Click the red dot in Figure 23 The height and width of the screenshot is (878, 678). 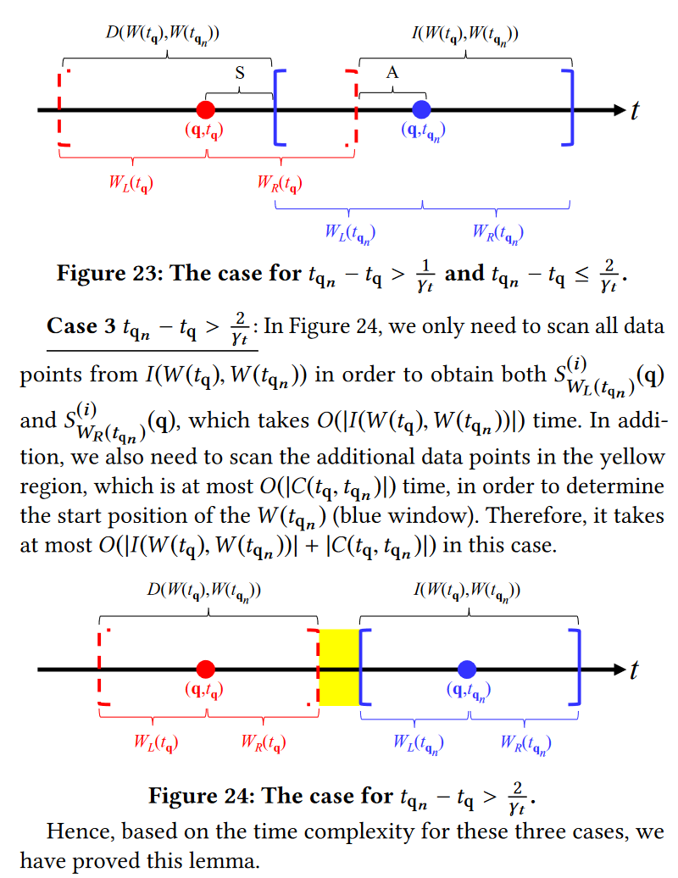[x=204, y=109]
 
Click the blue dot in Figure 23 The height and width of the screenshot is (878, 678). [x=421, y=109]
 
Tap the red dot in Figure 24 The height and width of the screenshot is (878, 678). [x=205, y=669]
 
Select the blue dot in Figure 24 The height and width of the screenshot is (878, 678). [x=465, y=669]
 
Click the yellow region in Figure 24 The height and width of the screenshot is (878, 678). [x=338, y=668]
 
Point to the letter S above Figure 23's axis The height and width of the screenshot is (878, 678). [x=240, y=74]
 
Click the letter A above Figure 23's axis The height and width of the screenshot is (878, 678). [x=392, y=74]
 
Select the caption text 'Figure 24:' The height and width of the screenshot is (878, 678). [x=200, y=796]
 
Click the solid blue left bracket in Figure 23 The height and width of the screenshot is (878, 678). [x=277, y=108]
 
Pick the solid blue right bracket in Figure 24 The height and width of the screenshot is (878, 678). [x=576, y=668]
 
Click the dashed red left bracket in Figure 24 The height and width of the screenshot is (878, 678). [x=103, y=668]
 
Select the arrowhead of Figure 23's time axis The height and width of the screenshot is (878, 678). [x=617, y=109]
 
